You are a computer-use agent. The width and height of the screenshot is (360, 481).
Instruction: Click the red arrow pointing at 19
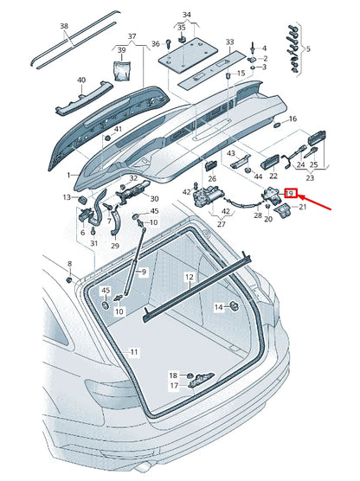(x=314, y=202)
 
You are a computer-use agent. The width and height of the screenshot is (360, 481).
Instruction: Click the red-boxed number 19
(x=290, y=194)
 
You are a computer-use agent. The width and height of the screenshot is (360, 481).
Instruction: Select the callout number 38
(x=64, y=26)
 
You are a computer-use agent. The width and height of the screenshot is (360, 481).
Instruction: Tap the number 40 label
(x=81, y=80)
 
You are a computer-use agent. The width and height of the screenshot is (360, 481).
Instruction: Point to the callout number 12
(x=190, y=277)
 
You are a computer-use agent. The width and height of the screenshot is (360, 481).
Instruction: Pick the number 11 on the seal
(x=134, y=351)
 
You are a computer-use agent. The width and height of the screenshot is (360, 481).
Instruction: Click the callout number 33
(x=230, y=42)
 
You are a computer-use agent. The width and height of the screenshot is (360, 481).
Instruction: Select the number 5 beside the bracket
(x=308, y=48)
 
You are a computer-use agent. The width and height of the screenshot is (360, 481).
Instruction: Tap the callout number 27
(x=222, y=224)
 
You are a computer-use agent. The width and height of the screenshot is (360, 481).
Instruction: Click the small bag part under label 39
(x=122, y=71)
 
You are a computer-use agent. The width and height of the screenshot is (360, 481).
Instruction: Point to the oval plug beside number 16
(x=277, y=125)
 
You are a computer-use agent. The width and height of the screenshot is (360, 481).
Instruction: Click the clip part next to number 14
(x=235, y=306)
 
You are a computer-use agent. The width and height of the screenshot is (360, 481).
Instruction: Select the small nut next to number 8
(x=69, y=279)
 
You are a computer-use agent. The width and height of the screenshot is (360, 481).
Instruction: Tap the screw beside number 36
(x=168, y=43)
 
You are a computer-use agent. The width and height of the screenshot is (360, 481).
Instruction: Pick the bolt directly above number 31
(x=93, y=231)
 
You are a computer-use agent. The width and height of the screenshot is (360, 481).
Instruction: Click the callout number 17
(x=174, y=385)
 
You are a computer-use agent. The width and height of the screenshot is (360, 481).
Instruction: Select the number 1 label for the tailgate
(x=68, y=175)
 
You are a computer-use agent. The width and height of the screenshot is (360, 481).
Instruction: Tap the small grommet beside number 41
(x=107, y=138)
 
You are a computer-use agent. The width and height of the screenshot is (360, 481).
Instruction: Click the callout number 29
(x=115, y=246)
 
